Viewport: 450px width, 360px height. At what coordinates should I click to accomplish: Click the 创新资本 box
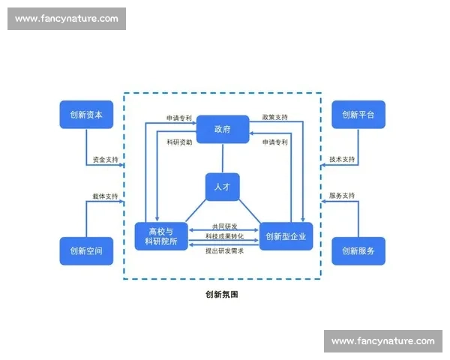tap(86, 115)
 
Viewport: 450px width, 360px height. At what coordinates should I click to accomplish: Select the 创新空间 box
tap(86, 251)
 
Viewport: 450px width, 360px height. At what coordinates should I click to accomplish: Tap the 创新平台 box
tap(358, 115)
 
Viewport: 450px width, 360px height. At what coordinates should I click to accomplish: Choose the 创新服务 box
tap(358, 251)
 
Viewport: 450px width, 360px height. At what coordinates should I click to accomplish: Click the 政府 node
tap(222, 129)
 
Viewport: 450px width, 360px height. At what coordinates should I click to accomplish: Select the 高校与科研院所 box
tap(159, 237)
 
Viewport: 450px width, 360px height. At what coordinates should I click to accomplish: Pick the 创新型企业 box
tap(286, 237)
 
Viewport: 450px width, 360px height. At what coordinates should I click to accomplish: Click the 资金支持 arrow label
tap(105, 160)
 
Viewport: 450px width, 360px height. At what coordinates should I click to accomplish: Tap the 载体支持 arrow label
tap(105, 196)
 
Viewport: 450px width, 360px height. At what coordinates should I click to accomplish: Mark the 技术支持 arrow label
tap(342, 160)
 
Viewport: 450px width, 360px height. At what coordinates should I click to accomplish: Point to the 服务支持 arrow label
tap(342, 196)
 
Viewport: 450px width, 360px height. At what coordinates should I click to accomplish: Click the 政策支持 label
tap(274, 118)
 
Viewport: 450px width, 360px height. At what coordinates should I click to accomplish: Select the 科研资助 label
tap(179, 142)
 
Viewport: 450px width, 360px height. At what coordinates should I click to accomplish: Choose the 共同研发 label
tap(223, 226)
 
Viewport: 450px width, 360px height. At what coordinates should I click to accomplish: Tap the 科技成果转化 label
tap(223, 237)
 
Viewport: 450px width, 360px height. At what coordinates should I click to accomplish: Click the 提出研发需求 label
tap(223, 250)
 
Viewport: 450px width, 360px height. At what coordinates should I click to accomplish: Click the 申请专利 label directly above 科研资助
tap(179, 118)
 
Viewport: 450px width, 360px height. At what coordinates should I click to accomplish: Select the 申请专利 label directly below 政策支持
tap(274, 142)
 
